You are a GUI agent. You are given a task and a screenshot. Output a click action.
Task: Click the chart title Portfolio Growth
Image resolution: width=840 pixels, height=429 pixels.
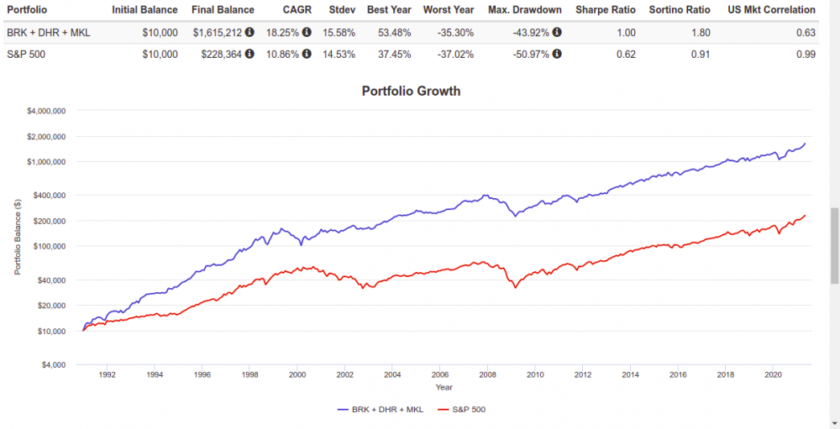[x=411, y=91]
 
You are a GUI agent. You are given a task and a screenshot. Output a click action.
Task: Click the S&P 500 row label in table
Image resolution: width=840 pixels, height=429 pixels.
[x=28, y=54]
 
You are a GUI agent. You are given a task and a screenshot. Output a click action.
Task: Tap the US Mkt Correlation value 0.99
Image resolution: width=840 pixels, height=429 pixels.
[x=806, y=54]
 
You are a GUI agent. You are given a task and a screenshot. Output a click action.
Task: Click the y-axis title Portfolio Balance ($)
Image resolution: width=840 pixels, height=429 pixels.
[x=17, y=238]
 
